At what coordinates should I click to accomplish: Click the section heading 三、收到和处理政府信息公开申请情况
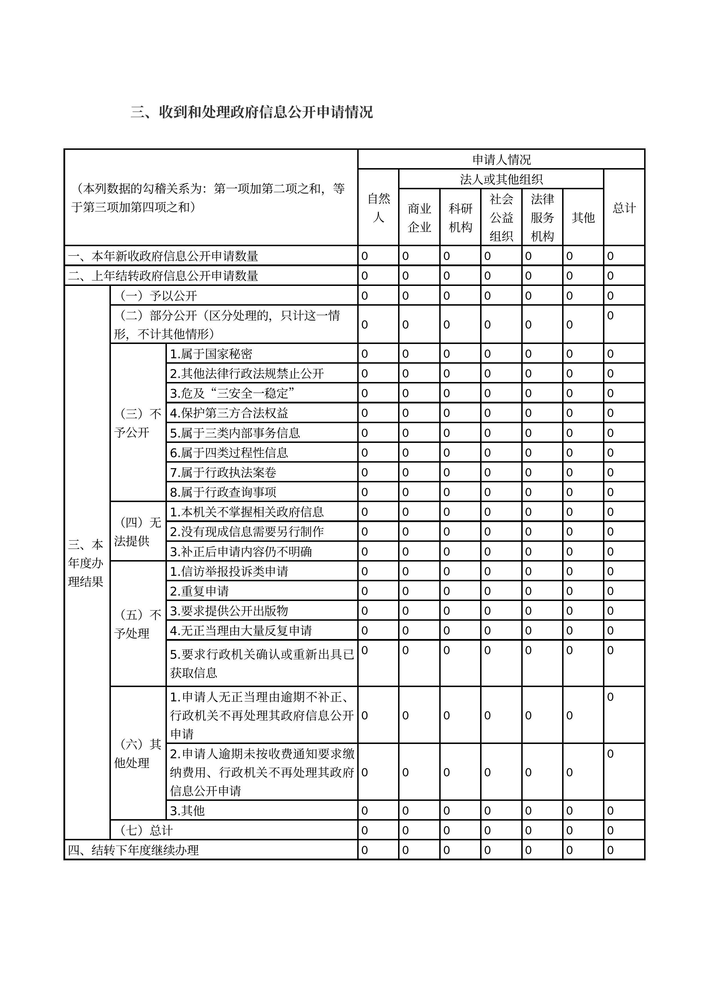click(251, 112)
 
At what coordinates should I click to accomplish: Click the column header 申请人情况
click(501, 160)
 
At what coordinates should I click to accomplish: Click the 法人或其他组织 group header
click(501, 179)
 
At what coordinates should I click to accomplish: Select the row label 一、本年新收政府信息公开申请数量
click(163, 256)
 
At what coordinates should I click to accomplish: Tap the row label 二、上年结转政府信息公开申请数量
click(163, 276)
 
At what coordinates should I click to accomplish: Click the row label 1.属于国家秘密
click(211, 354)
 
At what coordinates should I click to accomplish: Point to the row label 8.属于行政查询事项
click(223, 492)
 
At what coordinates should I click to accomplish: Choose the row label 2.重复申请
click(199, 591)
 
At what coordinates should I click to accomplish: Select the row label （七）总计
click(146, 830)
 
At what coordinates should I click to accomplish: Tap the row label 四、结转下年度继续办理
click(133, 850)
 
